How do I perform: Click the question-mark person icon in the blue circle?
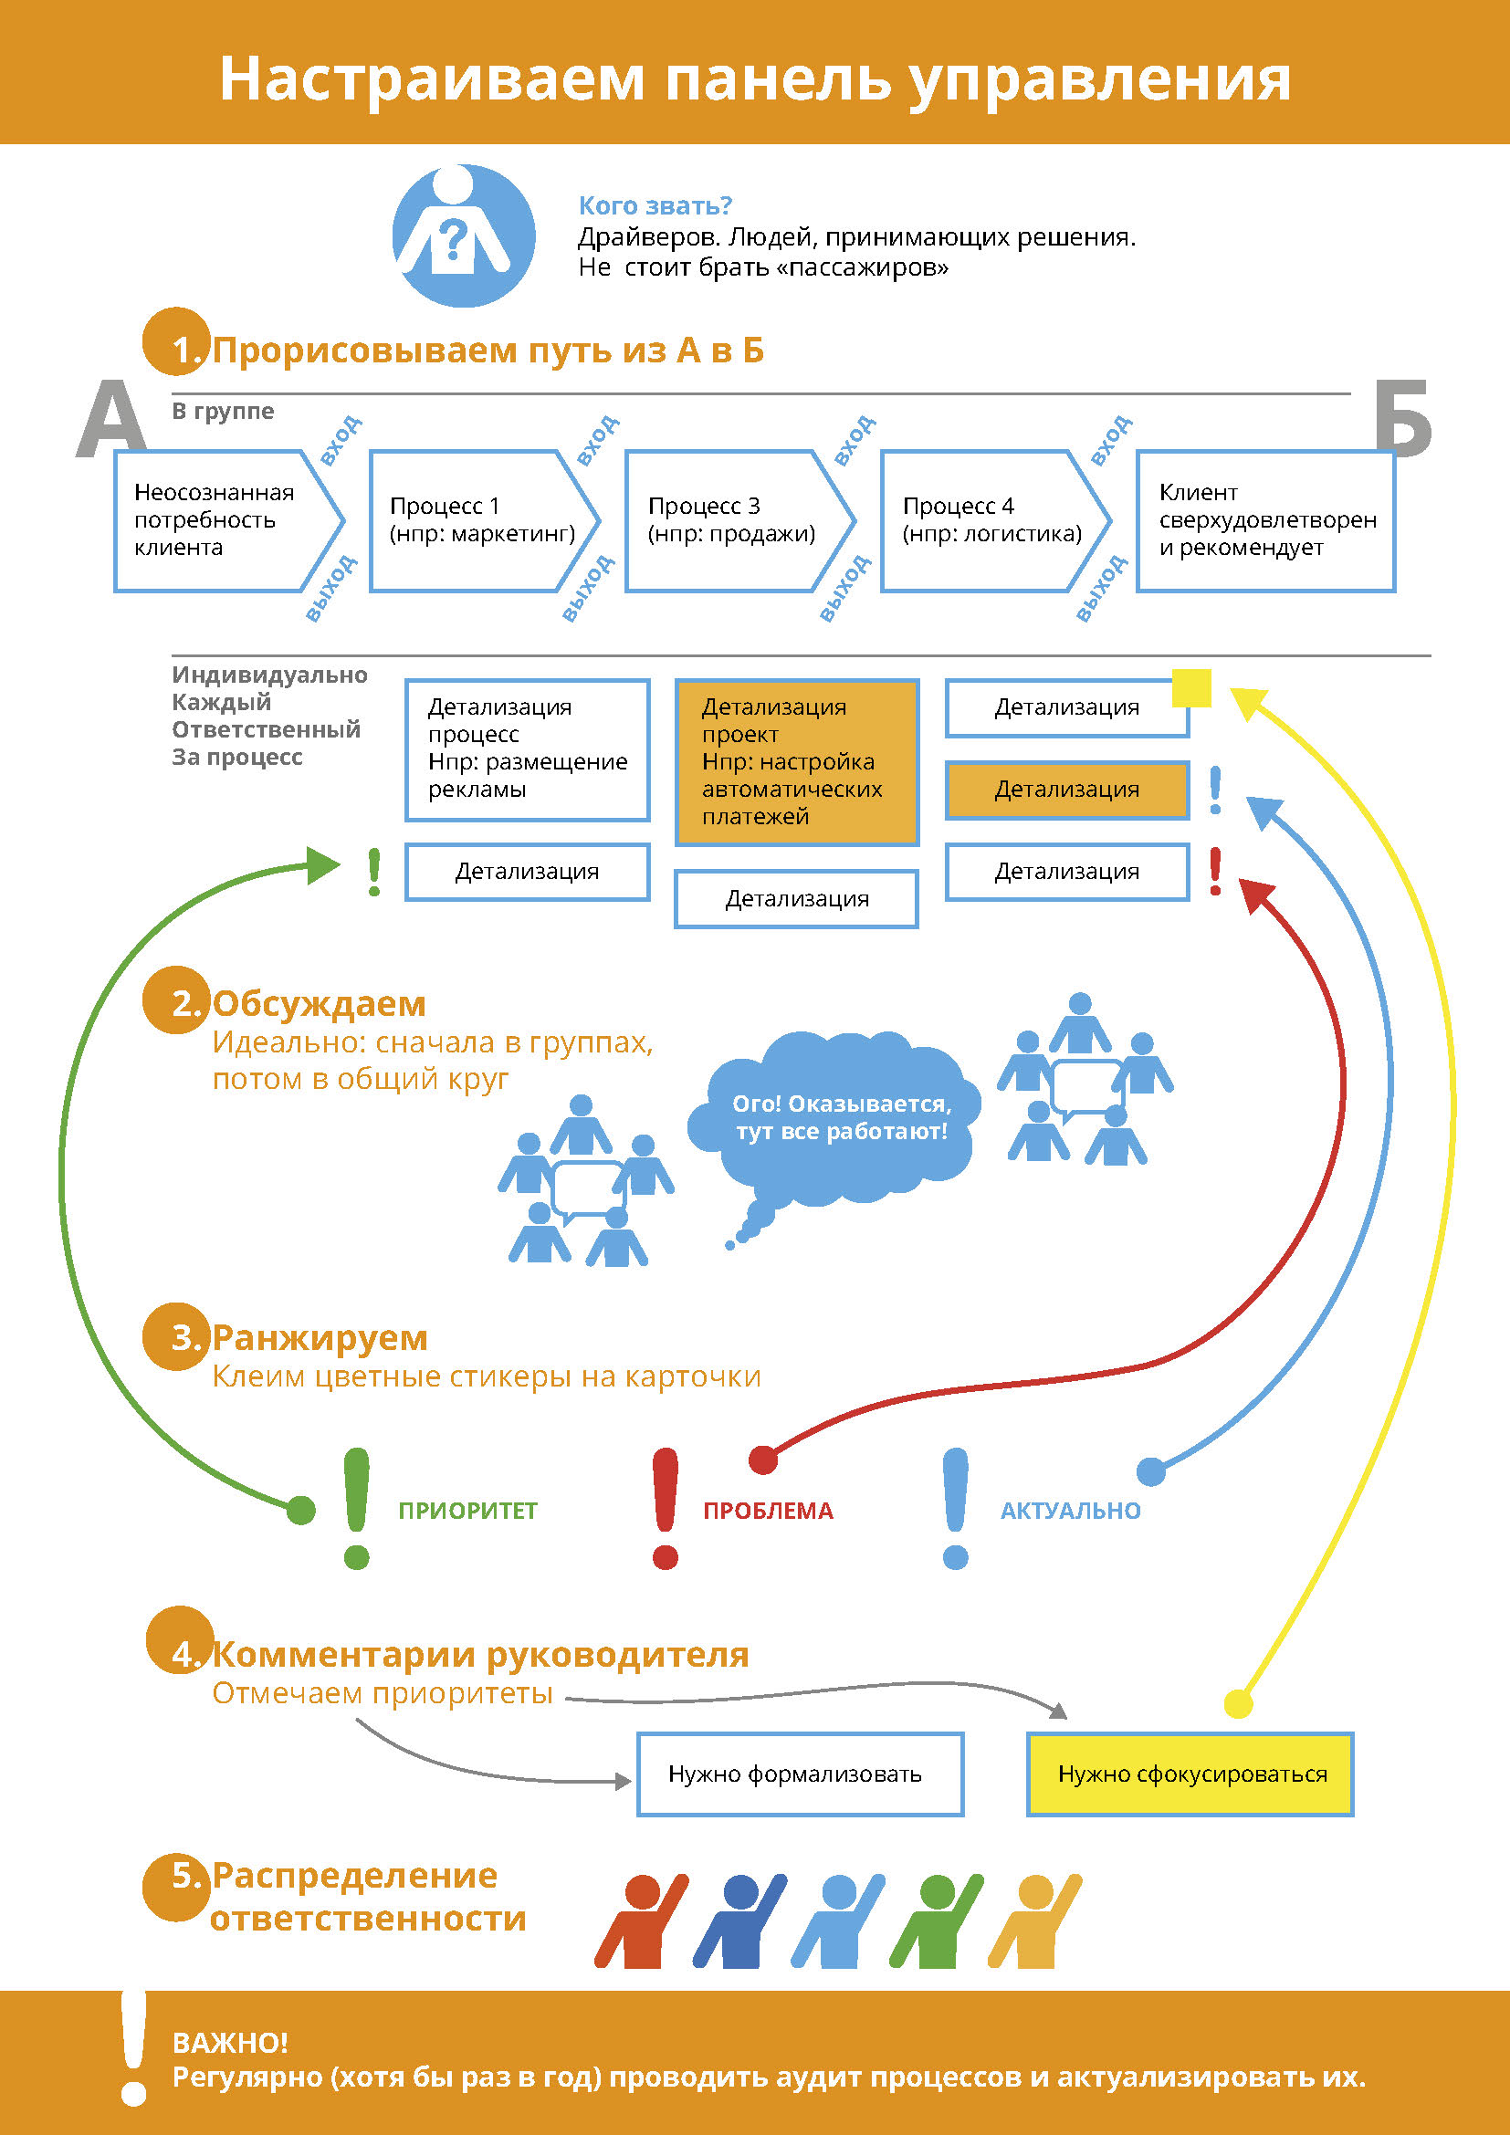(x=463, y=235)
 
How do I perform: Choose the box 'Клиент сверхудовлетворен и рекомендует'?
(x=1265, y=520)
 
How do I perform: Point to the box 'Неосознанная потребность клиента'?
(x=221, y=520)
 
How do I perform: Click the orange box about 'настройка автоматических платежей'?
(x=796, y=761)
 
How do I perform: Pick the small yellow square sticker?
(x=1191, y=688)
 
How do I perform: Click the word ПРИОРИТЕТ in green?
(x=467, y=1510)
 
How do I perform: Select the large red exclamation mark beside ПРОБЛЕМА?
(x=665, y=1506)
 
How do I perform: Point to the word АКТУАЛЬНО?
(x=1070, y=1510)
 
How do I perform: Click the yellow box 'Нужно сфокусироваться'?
(x=1190, y=1774)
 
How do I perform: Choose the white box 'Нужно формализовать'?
(x=800, y=1774)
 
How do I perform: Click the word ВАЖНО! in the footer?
(x=230, y=2043)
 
